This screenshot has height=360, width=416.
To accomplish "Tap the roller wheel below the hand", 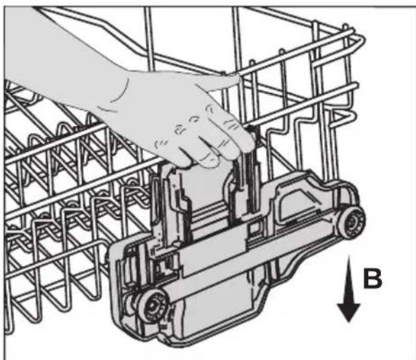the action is pyautogui.click(x=153, y=306).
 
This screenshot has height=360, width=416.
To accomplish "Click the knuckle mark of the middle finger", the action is pyautogui.click(x=195, y=119).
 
